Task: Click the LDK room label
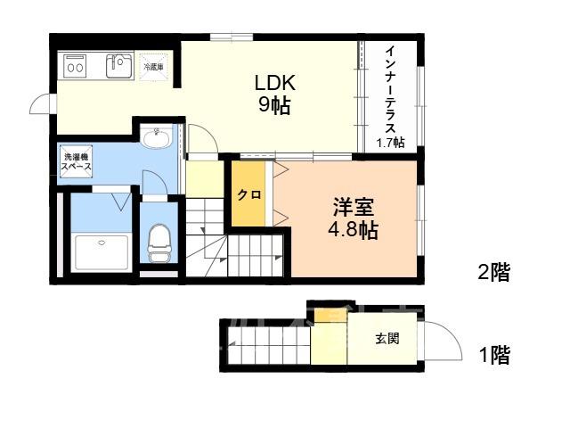[275, 83]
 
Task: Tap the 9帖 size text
[274, 105]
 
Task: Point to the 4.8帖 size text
[353, 230]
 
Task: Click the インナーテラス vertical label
[391, 89]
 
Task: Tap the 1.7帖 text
[390, 143]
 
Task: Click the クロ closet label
[249, 194]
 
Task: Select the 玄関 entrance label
[387, 339]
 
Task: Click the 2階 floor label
[493, 272]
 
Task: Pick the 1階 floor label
[494, 355]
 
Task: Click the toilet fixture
[159, 243]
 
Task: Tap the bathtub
[102, 252]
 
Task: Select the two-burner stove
[75, 66]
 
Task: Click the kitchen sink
[118, 66]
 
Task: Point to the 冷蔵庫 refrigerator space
[154, 67]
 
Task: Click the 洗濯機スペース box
[77, 161]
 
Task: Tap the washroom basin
[157, 137]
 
